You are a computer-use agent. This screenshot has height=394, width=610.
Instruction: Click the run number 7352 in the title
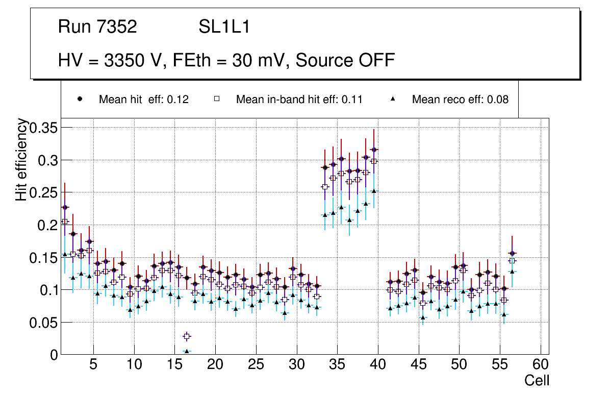point(118,27)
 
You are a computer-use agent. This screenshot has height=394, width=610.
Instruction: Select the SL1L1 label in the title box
point(224,27)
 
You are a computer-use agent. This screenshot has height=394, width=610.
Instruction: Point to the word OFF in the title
point(376,60)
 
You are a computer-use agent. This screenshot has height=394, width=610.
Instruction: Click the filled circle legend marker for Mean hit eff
point(80,99)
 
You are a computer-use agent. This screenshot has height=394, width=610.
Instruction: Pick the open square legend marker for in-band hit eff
point(216,99)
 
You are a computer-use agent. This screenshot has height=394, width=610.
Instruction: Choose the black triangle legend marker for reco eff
point(393,99)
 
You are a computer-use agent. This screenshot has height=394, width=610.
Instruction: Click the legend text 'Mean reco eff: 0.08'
point(460,100)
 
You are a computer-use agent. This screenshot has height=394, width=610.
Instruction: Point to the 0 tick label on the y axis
point(55,354)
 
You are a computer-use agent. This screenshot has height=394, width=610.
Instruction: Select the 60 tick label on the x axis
point(540,365)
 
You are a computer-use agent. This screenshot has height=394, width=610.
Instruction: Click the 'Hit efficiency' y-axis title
point(22,159)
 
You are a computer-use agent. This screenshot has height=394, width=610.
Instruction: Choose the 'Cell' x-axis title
point(537,381)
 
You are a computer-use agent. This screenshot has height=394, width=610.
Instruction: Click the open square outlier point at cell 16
point(187,336)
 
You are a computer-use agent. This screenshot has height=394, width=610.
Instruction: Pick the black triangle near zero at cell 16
point(187,352)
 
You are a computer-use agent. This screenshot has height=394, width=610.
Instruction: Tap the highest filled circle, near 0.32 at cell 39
point(374,150)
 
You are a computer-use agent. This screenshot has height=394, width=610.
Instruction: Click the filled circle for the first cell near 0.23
point(65,207)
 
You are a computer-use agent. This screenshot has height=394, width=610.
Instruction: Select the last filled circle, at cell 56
point(512,253)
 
